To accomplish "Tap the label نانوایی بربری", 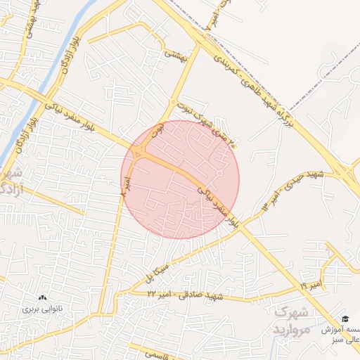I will pos(41,309).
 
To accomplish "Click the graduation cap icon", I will pos(345,319).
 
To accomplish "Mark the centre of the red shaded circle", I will pos(181,179).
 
